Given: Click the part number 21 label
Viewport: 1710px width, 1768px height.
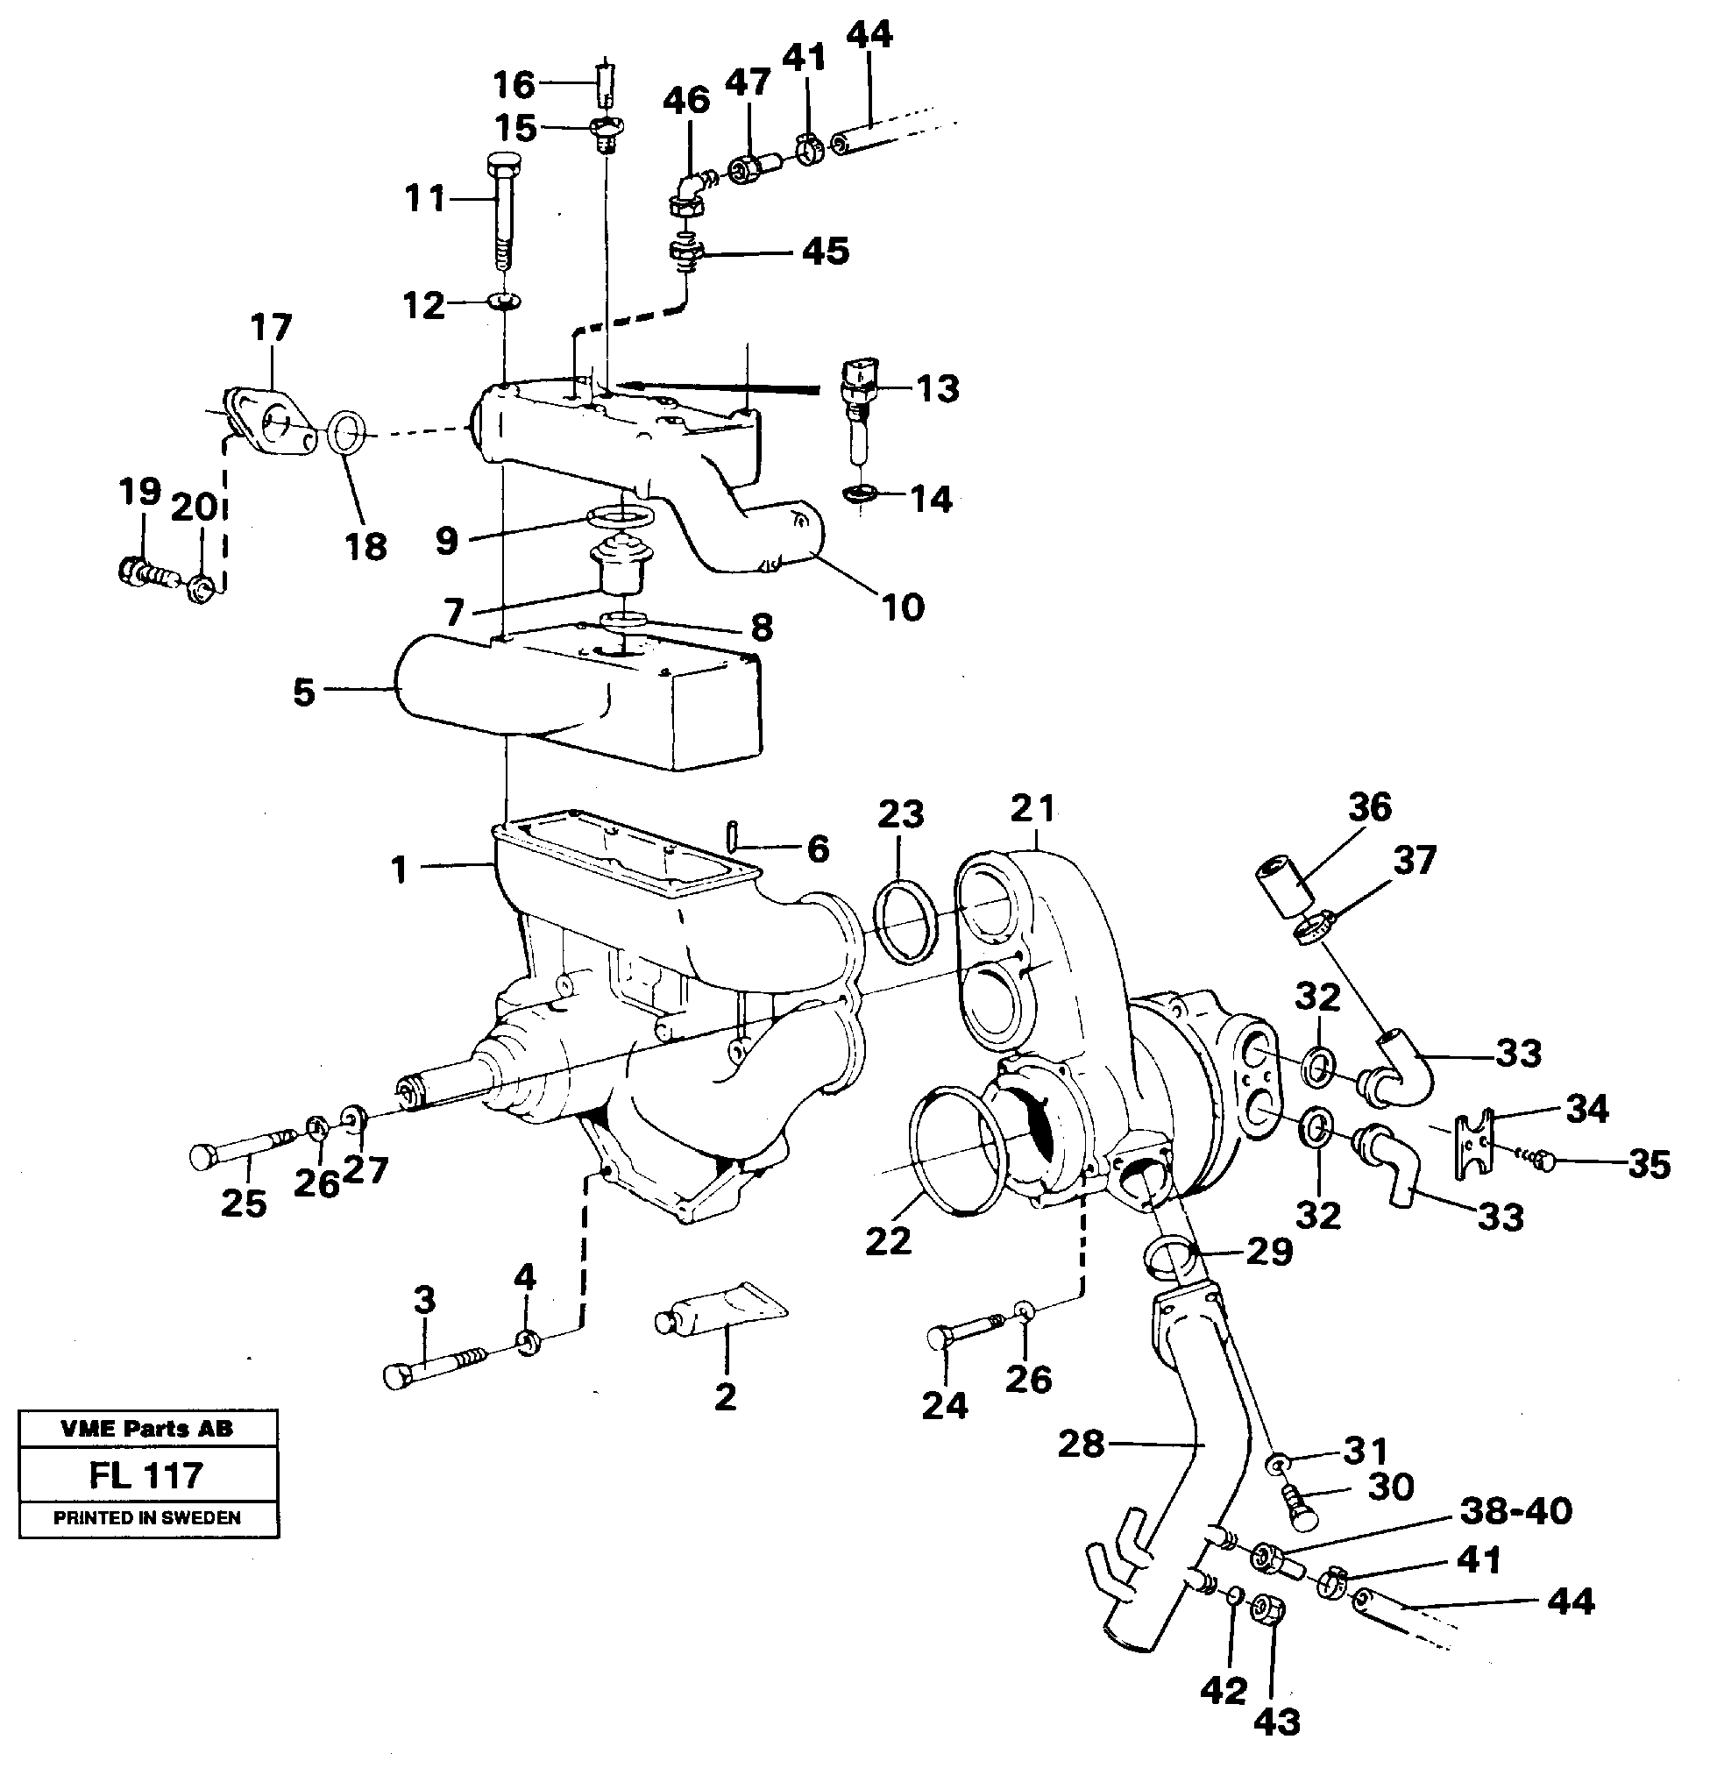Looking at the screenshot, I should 1032,808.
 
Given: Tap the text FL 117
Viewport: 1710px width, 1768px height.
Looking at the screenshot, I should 147,1476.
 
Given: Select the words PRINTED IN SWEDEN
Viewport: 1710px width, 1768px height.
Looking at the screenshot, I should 147,1518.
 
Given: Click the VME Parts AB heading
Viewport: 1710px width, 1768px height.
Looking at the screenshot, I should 147,1429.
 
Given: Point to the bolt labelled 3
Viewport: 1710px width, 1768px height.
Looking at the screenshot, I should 433,1365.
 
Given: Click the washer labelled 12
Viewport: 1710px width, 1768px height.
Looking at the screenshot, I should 503,301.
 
